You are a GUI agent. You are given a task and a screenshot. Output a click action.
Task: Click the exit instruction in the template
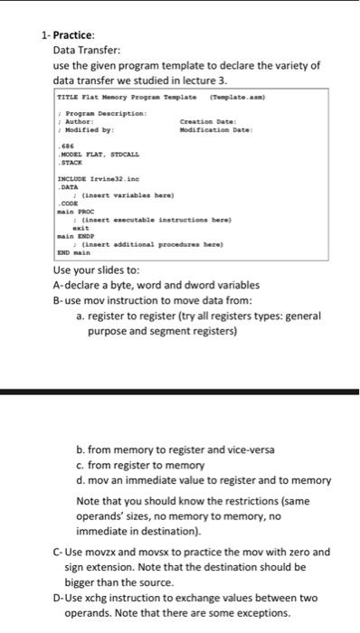(x=81, y=226)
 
